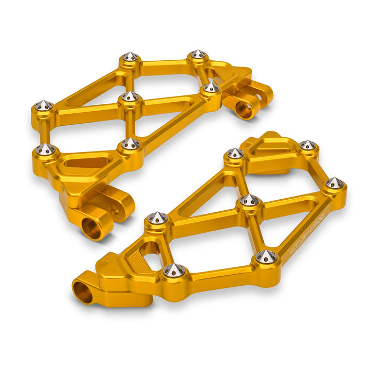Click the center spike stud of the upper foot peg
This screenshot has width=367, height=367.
pos(129,96)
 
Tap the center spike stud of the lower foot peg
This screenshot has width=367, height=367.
pos(250,200)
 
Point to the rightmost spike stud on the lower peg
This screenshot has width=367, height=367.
pos(334,183)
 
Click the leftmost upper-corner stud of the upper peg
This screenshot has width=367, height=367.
pos(44,106)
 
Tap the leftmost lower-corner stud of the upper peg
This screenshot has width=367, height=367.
pos(46,149)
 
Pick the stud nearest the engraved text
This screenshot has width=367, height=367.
pos(267,256)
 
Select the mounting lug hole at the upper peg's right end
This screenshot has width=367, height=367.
pos(244,109)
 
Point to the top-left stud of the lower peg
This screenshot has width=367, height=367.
pos(235,154)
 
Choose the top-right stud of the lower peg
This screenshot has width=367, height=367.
pos(307,145)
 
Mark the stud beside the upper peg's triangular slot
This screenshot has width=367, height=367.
pos(130,144)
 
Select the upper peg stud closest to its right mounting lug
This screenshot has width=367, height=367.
pos(211,87)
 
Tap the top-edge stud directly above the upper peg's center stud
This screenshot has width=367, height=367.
pos(130,57)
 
